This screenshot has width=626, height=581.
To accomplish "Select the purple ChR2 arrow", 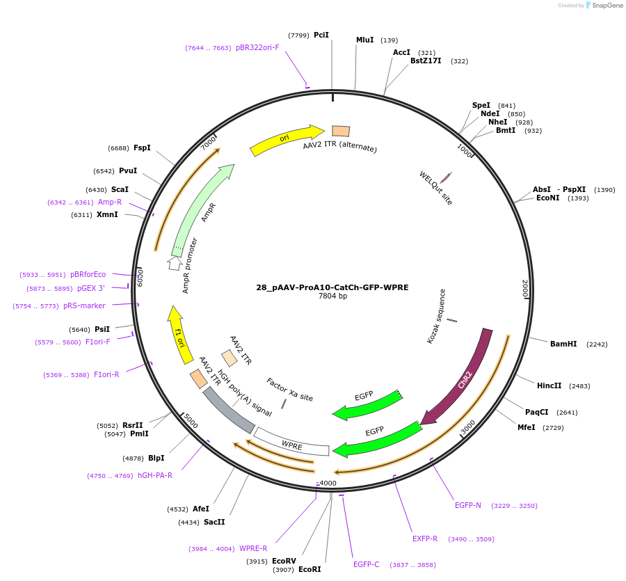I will coord(465,379).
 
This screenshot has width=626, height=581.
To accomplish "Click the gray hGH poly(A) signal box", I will coord(228,411).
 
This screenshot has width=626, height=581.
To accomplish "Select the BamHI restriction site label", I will coord(563,344).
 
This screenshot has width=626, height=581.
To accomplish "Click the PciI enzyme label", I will coord(321,35).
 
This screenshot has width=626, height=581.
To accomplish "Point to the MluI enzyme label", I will coord(365,40).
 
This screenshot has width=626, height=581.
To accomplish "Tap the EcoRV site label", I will coord(284,561).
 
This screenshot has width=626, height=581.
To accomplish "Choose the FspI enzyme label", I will coord(142,148).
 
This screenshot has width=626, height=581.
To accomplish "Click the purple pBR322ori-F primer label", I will coord(257,48).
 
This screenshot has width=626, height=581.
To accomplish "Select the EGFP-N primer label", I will coord(468,505).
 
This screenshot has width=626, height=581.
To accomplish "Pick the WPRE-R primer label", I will coord(253,548).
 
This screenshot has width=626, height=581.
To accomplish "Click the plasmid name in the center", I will coord(332,287).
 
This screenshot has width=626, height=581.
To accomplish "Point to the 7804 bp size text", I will coord(332,296).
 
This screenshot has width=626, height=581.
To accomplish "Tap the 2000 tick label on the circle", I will coord(525,288).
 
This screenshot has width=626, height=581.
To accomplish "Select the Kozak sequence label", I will coord(436,317).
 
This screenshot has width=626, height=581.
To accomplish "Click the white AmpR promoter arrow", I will coord(174,263).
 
